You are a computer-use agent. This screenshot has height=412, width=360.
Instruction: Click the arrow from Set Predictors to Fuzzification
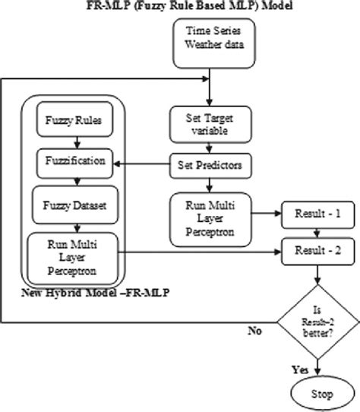coord(141,162)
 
